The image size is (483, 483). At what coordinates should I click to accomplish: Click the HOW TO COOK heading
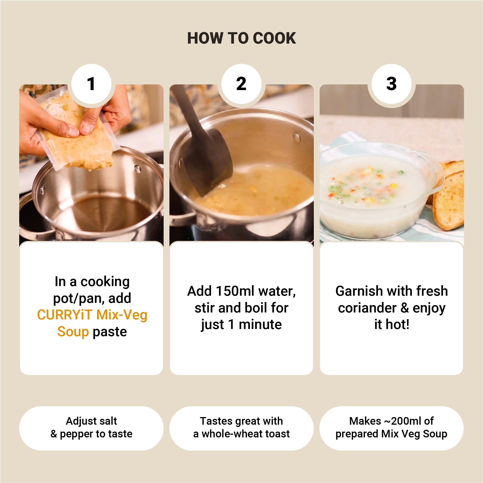[x=241, y=38]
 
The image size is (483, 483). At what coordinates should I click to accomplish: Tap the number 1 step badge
[x=91, y=84]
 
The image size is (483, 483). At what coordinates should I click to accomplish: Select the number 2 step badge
[x=241, y=84]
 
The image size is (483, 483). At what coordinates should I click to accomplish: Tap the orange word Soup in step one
[x=73, y=331]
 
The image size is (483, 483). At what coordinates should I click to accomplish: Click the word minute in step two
[x=260, y=325]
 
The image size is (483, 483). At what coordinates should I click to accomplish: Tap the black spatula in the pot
[x=204, y=145]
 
